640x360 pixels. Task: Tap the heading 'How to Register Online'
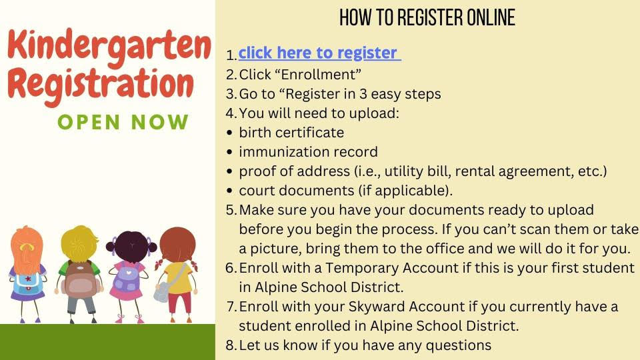click(x=427, y=17)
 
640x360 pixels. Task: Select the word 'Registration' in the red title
click(x=101, y=86)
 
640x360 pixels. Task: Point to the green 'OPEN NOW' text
click(x=123, y=122)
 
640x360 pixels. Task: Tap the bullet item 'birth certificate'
click(x=291, y=133)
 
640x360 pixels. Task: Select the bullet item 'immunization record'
click(x=308, y=152)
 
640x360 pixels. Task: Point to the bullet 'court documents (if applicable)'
click(x=346, y=191)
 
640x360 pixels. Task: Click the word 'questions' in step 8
click(x=459, y=346)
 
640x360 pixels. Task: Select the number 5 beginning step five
click(x=230, y=210)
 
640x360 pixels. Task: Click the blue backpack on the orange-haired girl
click(x=28, y=283)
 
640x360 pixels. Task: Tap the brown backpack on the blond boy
click(x=80, y=278)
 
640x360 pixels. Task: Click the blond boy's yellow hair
click(x=79, y=244)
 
